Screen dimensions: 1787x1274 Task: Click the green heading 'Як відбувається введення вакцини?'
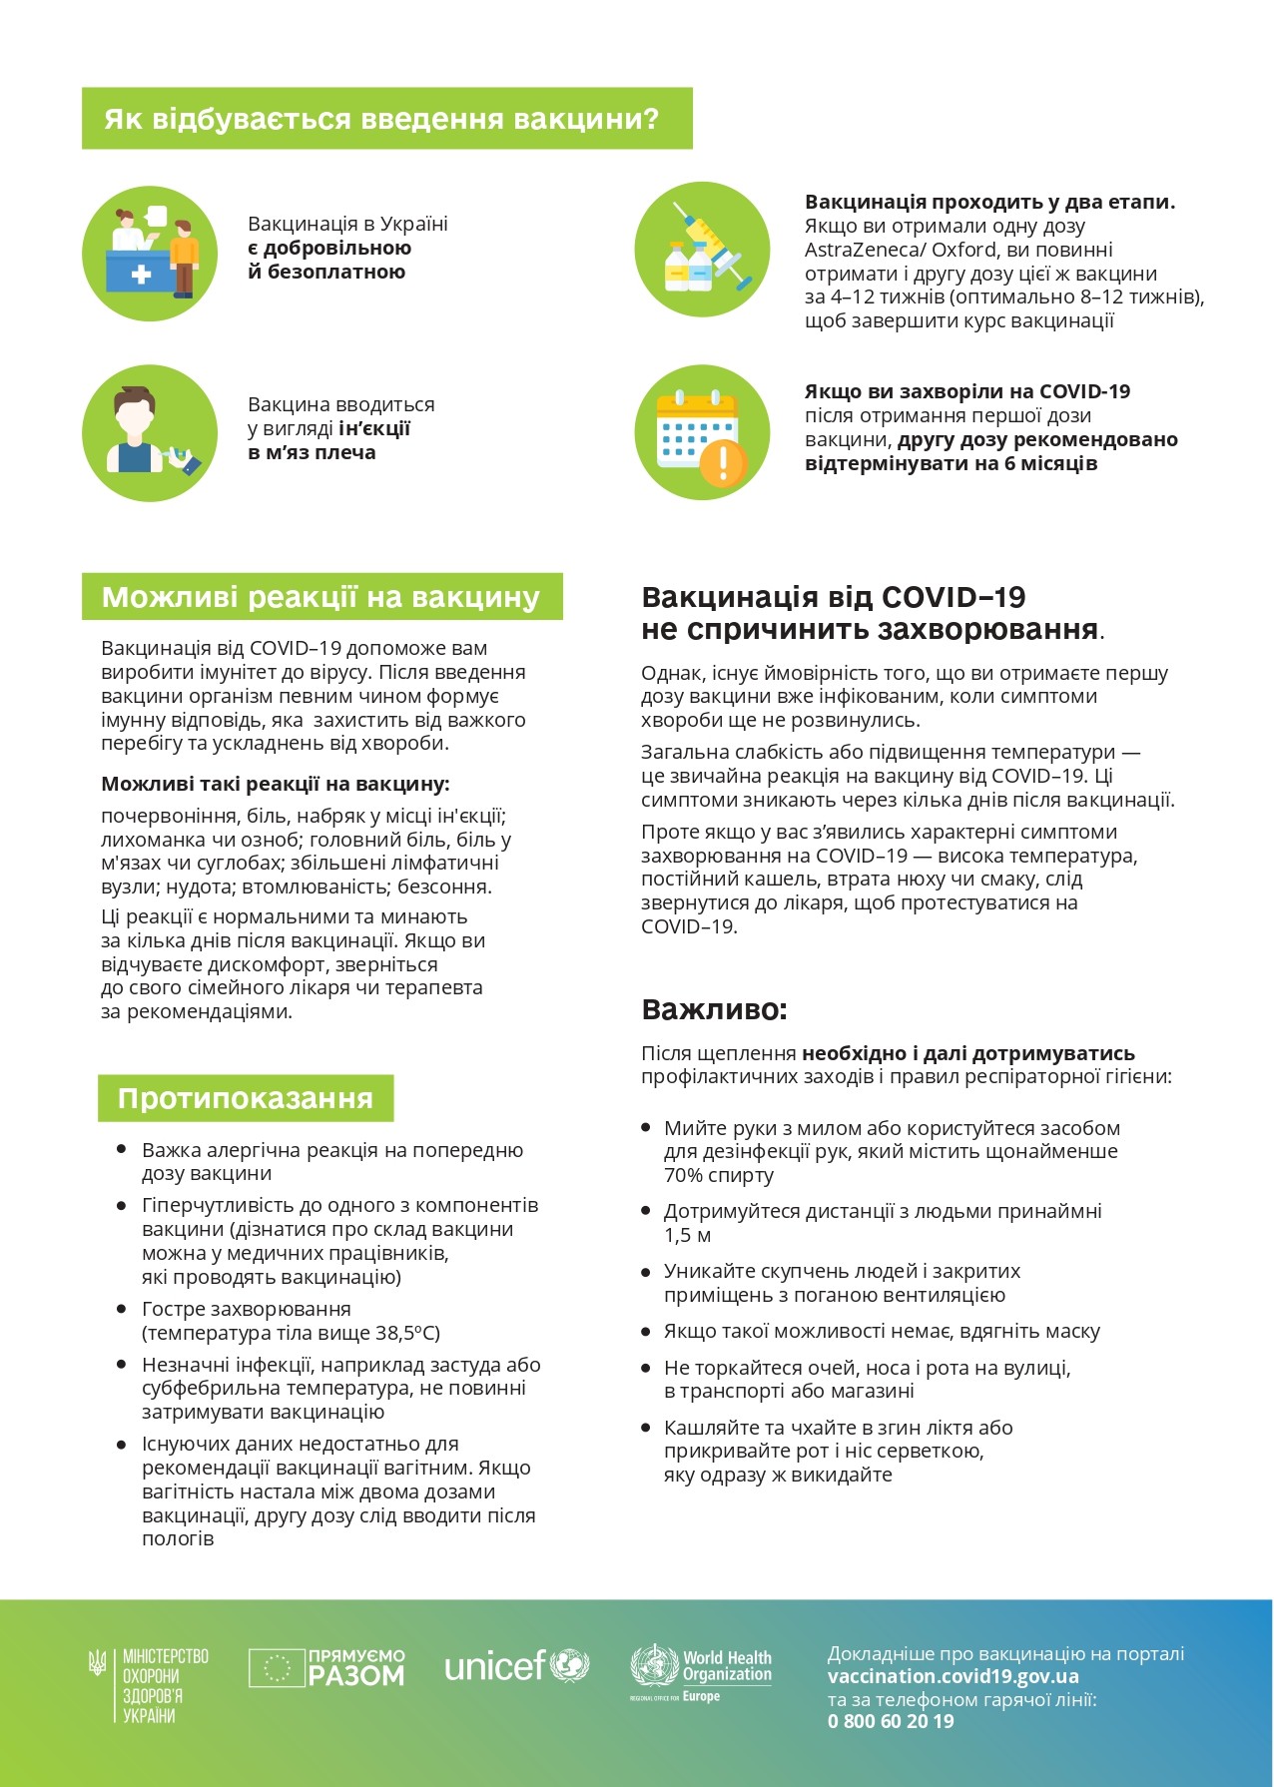point(382,119)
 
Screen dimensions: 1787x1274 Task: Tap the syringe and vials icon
point(702,250)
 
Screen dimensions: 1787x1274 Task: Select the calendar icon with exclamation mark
point(702,432)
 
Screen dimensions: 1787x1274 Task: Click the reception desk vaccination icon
point(150,253)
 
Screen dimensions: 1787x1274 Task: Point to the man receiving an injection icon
point(150,432)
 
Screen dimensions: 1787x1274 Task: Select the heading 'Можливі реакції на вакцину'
point(321,597)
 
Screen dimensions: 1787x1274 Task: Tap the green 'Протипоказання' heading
point(246,1098)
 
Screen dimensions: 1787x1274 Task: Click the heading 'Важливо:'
point(714,1009)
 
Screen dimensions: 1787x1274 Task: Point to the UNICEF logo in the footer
point(516,1665)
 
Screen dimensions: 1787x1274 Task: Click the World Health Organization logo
point(701,1670)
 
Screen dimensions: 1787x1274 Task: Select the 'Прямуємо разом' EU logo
point(326,1668)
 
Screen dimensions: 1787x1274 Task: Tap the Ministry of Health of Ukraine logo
point(149,1685)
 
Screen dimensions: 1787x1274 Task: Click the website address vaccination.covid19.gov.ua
point(953,1676)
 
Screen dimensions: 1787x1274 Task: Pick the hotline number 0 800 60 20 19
point(891,1721)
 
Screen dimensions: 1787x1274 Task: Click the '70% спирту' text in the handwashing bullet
point(719,1176)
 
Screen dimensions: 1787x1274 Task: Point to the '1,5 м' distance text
point(688,1236)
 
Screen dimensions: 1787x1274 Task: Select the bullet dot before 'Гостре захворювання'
point(122,1309)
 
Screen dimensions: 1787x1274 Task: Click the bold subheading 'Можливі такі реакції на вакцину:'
point(276,785)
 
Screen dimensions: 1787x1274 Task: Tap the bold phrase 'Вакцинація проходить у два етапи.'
point(989,203)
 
